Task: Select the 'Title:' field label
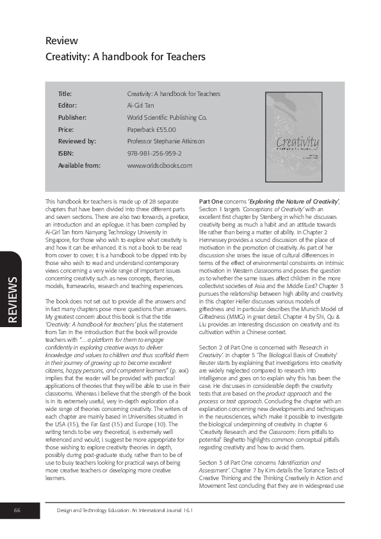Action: tap(65, 93)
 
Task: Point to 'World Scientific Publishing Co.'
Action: tap(167, 118)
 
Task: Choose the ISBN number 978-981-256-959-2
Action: tap(154, 154)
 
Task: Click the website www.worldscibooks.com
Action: tap(159, 166)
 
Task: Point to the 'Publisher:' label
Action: tap(72, 118)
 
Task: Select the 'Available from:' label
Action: tap(80, 166)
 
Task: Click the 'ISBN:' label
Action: tap(65, 154)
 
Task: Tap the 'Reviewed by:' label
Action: tap(77, 141)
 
